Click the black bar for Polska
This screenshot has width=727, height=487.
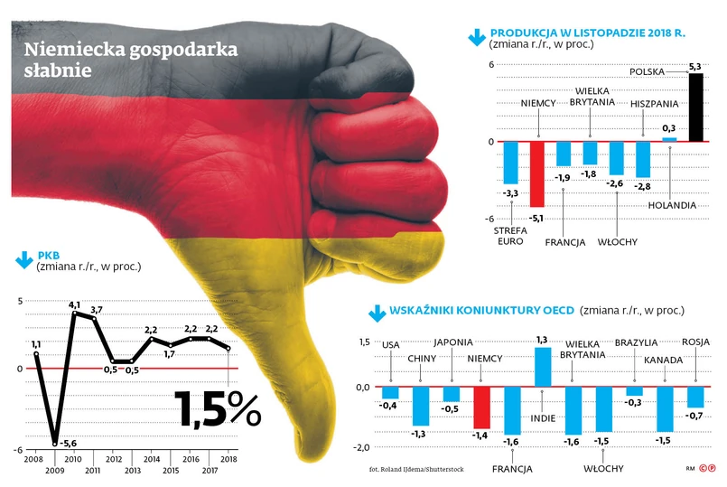pos(694,108)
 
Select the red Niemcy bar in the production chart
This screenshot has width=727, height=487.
pos(536,173)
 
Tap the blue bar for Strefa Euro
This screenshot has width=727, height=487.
pos(510,162)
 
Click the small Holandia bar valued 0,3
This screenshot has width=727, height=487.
pos(669,139)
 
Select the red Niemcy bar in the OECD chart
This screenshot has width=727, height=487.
pos(481,407)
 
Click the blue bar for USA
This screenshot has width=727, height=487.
pos(390,392)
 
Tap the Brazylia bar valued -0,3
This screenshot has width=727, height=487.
pos(634,391)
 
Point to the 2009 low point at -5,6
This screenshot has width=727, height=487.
pos(55,442)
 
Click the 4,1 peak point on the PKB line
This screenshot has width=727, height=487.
pos(74,314)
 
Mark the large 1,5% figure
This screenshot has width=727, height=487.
pos(217,408)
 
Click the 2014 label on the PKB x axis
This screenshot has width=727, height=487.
pos(151,459)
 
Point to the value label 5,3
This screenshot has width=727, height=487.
pos(694,66)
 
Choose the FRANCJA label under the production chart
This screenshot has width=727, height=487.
pos(565,242)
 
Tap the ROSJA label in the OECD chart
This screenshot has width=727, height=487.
pos(695,342)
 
